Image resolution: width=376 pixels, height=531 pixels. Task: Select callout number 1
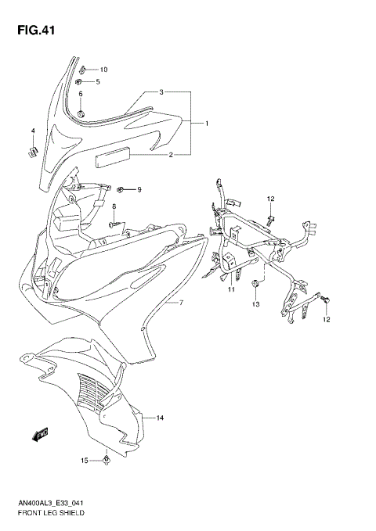(x=206, y=124)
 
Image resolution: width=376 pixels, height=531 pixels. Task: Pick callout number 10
(x=103, y=70)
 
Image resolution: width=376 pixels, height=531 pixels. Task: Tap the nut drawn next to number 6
(x=81, y=117)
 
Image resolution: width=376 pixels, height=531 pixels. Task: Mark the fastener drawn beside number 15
(x=106, y=461)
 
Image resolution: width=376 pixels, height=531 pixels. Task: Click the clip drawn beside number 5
(x=81, y=81)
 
